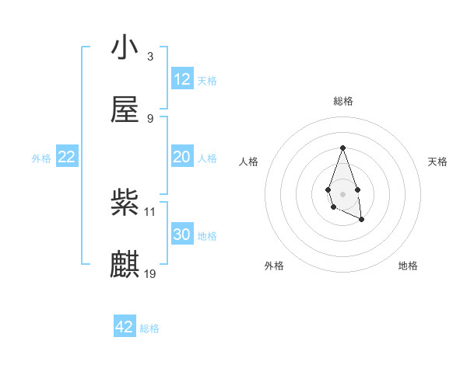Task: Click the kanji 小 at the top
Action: (x=125, y=49)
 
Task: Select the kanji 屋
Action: (x=125, y=110)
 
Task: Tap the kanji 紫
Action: (x=125, y=203)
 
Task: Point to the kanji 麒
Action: (x=125, y=265)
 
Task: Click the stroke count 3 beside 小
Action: (x=150, y=57)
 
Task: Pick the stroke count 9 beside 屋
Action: (x=150, y=118)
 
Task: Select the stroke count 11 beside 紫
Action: (x=150, y=211)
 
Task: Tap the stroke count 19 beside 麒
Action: (x=150, y=273)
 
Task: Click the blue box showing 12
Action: (x=182, y=79)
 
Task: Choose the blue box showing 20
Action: (x=182, y=157)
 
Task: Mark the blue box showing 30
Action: (x=182, y=235)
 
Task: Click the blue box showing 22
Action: (x=67, y=157)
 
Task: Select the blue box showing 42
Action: (x=125, y=327)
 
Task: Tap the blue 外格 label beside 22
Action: (x=41, y=158)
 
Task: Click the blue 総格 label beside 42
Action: (x=149, y=328)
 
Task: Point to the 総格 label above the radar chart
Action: (x=342, y=101)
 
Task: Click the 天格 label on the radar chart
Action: (x=438, y=162)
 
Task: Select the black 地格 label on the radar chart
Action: (x=408, y=266)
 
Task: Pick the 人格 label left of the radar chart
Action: (x=249, y=162)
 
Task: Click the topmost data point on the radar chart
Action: (x=342, y=148)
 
